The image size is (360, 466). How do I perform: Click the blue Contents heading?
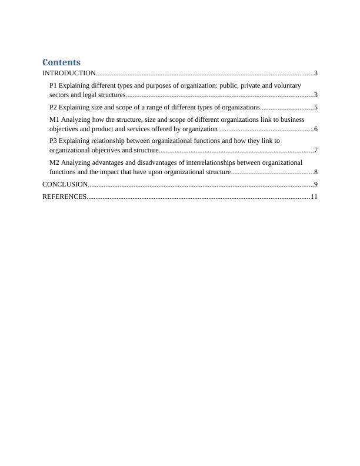tap(62, 62)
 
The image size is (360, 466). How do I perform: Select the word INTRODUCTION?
tap(69, 74)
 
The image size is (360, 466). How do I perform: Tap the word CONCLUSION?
tap(65, 185)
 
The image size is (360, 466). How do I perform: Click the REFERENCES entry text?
tap(64, 197)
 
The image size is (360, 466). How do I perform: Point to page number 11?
tap(314, 197)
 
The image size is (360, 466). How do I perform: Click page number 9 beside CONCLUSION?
tap(316, 185)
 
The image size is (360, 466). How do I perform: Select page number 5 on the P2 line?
tap(316, 107)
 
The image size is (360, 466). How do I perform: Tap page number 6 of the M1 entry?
tap(316, 129)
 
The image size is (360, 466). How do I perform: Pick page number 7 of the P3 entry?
tap(316, 151)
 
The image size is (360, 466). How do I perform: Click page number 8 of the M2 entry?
tap(316, 172)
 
